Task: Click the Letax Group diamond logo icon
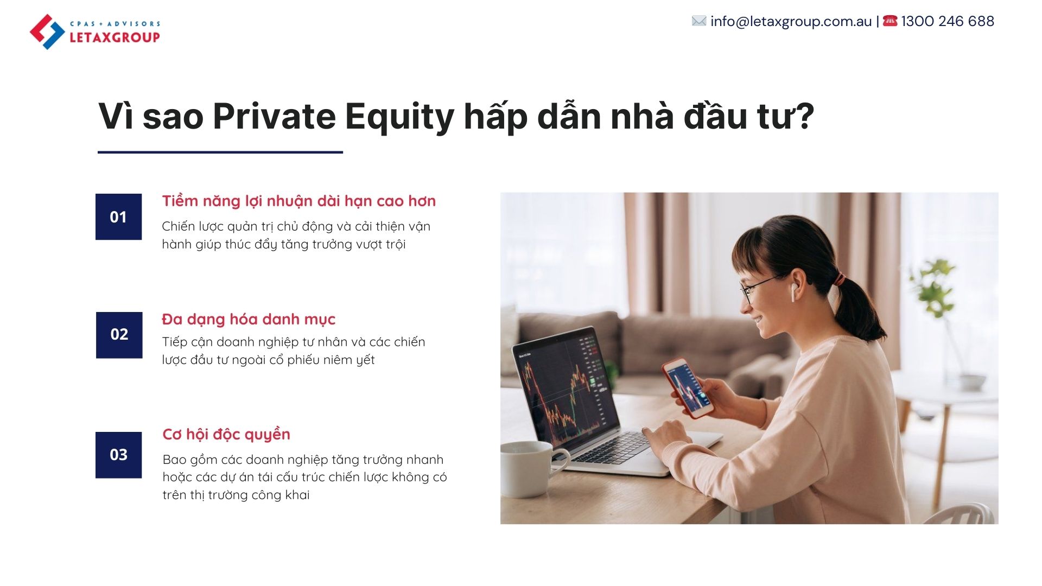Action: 47,32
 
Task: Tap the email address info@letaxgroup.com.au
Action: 791,21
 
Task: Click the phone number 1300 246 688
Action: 948,21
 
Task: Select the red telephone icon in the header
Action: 890,21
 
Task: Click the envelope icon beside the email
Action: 699,21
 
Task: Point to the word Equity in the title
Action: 399,117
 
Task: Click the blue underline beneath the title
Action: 220,152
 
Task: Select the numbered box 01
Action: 118,216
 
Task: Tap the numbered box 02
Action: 119,335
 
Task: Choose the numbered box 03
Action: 118,455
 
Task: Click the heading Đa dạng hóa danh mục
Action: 249,319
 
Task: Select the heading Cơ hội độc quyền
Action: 226,435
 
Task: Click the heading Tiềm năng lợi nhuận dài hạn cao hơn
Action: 299,201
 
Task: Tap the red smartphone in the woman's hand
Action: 687,387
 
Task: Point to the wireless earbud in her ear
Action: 793,291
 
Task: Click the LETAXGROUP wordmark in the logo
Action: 115,37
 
